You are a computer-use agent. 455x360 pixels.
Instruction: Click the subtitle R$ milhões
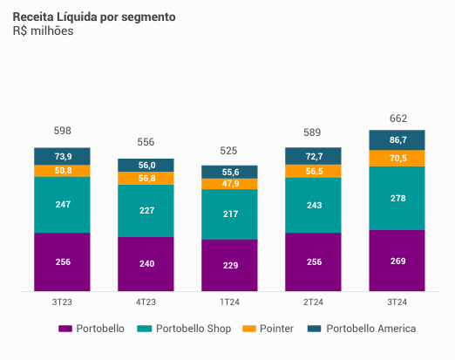pos(43,31)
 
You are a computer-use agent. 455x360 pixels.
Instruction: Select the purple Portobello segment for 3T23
pos(63,262)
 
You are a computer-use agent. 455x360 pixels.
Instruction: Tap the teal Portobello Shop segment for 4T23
pos(146,209)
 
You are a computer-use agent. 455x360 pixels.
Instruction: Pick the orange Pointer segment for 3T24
pos(397,158)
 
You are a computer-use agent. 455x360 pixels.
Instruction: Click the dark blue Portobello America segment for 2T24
pos(314,156)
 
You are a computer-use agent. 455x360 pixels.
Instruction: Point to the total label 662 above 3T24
pos(397,119)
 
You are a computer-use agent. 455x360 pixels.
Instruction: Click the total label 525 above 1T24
pos(230,150)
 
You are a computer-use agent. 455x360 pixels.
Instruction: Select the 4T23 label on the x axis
pos(146,302)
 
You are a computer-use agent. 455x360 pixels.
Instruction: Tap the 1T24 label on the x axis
pos(230,302)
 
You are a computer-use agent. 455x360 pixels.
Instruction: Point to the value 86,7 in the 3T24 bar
pos(397,139)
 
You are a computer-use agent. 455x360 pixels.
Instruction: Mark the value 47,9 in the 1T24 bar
pos(230,184)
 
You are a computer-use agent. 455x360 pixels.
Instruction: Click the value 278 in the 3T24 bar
pos(397,199)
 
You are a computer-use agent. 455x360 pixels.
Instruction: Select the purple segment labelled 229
pos(230,265)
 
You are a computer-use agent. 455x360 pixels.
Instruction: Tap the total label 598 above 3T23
pos(63,132)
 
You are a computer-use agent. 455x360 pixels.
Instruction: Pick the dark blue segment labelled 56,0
pos(146,165)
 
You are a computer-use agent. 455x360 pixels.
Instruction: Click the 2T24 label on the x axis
pos(314,302)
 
